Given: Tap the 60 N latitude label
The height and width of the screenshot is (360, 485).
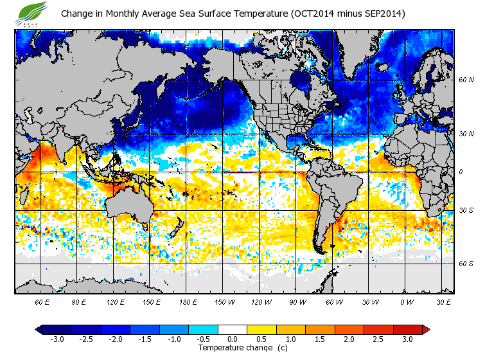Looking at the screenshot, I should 465,80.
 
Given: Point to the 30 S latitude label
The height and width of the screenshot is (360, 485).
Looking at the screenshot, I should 465,210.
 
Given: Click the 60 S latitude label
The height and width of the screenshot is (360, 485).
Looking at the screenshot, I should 465,264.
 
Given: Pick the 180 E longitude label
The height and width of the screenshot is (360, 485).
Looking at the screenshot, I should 188,301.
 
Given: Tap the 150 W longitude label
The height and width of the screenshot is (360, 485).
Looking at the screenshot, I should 224,301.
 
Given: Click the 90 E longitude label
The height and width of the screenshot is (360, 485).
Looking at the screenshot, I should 80,301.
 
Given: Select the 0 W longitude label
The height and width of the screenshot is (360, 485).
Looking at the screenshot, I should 405,301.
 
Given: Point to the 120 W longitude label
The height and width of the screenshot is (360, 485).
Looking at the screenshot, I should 260,301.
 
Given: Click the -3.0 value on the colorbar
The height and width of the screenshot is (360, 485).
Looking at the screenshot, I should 57,339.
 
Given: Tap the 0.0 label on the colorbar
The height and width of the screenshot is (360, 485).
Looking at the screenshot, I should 232,339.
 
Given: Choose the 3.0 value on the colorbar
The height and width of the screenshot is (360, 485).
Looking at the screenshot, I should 407,339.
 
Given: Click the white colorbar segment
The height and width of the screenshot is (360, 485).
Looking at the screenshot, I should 232,330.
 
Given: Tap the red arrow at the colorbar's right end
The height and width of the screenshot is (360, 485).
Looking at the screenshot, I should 426,330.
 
